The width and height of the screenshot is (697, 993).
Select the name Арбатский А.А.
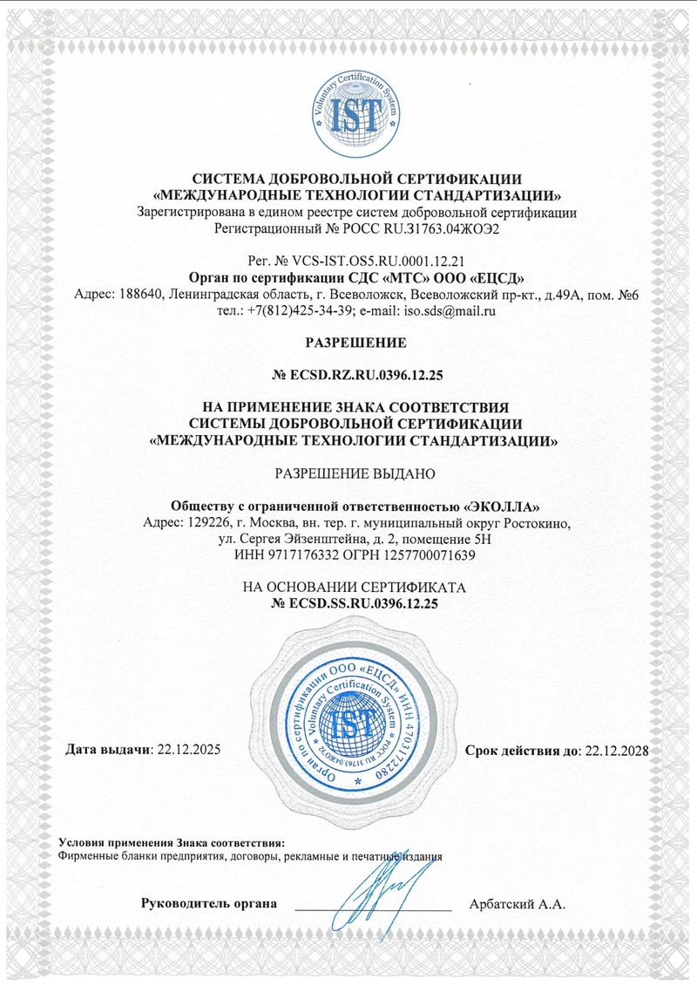click(517, 904)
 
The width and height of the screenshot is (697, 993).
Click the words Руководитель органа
click(209, 903)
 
